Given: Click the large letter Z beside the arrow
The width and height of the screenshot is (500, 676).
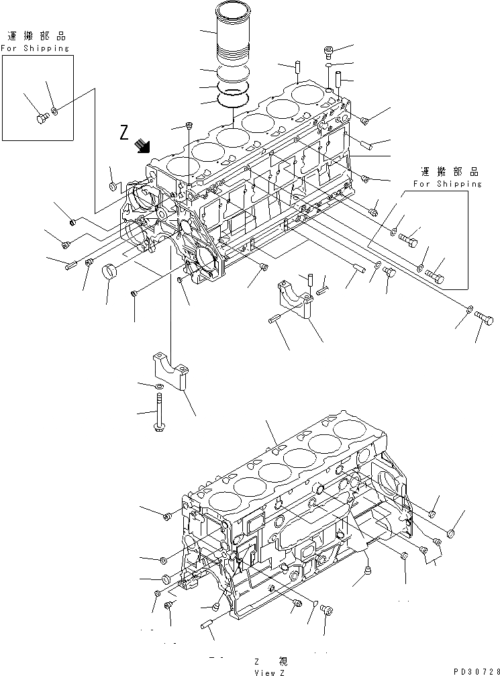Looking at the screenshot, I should tap(124, 132).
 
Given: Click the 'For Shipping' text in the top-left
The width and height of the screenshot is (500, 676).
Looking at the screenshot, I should tap(34, 48).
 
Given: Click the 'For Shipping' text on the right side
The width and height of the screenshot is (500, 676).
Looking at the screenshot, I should tap(447, 183).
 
